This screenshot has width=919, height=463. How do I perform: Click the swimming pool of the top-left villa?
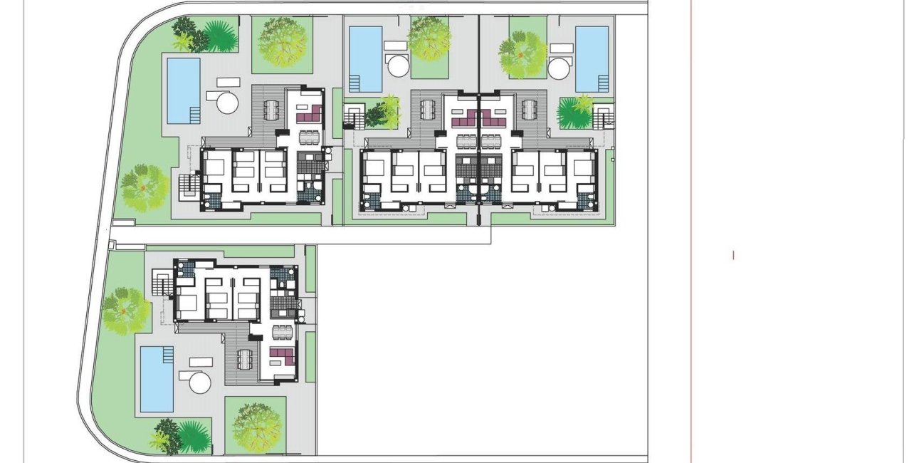tap(183, 90)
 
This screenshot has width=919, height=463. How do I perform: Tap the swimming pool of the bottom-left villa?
tap(157, 379)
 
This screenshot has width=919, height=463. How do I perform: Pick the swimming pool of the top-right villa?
tap(592, 58)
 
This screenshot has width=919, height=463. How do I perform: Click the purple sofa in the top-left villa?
tap(311, 114)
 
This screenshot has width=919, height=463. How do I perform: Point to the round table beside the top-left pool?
tap(227, 101)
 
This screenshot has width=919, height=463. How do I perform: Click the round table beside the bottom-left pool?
tap(201, 383)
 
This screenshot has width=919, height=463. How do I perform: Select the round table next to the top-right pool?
tap(560, 69)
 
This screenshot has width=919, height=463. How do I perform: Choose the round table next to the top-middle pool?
tap(397, 68)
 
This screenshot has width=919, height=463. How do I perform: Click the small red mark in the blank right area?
tap(733, 255)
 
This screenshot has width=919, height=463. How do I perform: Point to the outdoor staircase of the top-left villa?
tap(188, 187)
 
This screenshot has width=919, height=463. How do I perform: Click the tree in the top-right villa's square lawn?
tap(523, 53)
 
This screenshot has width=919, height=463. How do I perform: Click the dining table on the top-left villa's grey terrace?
tap(271, 110)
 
